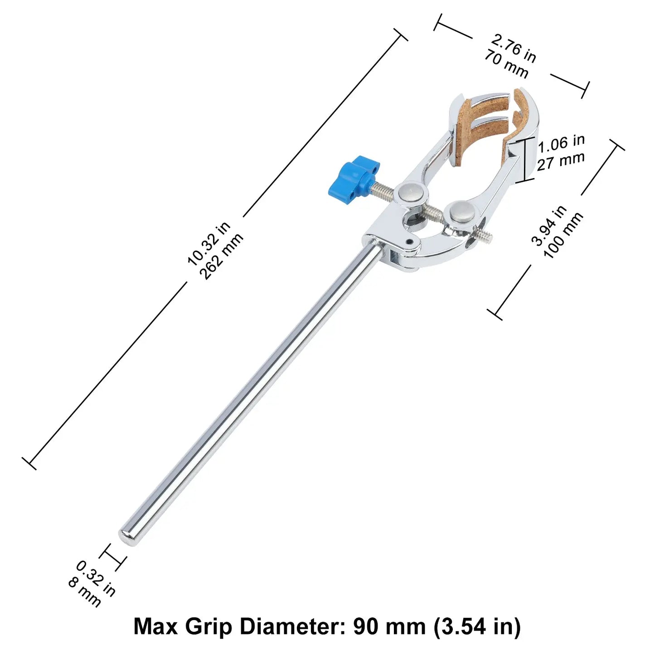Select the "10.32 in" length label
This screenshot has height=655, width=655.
(x=209, y=243)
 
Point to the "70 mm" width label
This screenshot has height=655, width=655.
(x=506, y=64)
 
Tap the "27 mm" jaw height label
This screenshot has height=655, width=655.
(x=561, y=161)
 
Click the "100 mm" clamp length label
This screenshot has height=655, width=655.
(x=563, y=235)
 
